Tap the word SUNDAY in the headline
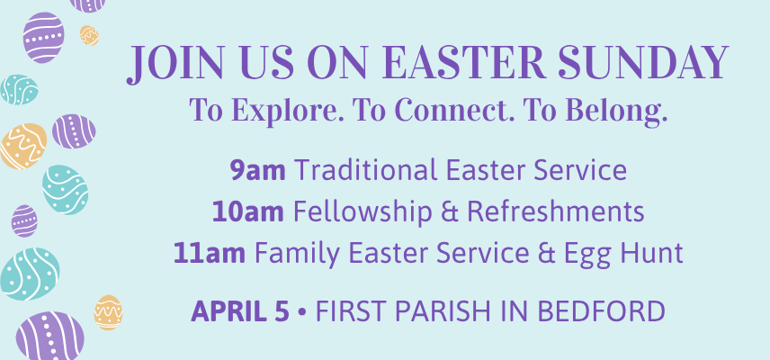[643, 63]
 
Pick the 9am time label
[258, 170]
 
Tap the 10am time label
[247, 212]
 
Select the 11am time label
[209, 254]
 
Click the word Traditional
[366, 170]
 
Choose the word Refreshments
[555, 212]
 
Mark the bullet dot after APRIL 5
[302, 312]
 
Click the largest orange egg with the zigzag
[23, 146]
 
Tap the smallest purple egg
[24, 221]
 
